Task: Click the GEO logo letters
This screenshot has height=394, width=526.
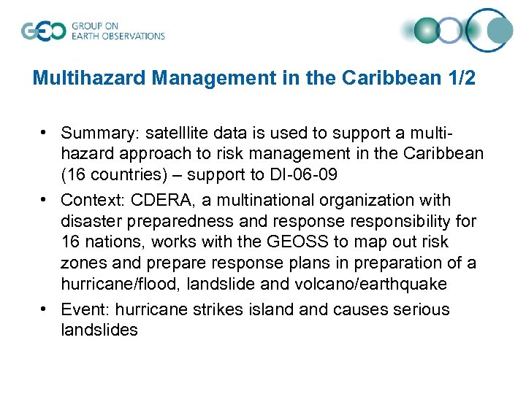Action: click(x=43, y=31)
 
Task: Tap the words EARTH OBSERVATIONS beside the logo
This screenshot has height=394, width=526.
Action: click(x=118, y=36)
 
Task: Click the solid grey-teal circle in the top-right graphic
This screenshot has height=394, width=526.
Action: click(x=500, y=30)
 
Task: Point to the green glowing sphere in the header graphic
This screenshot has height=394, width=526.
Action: click(x=427, y=31)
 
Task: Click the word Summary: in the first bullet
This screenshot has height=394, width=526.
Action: click(x=100, y=134)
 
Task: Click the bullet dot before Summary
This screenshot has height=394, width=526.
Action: click(x=45, y=133)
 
